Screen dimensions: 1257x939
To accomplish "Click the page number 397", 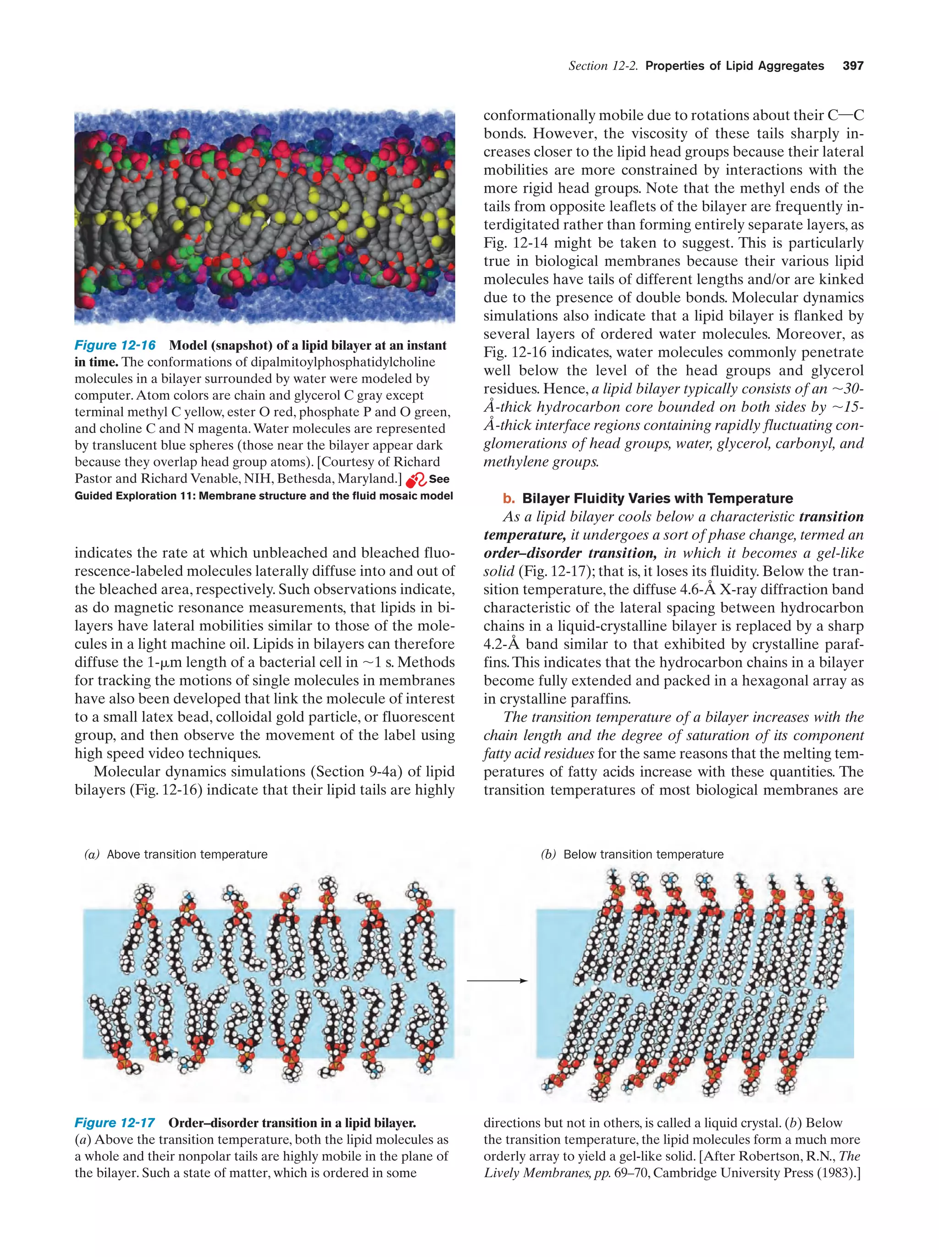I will (x=853, y=66).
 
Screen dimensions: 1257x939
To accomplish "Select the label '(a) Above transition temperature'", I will (x=176, y=854).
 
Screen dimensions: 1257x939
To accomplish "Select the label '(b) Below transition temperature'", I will (x=632, y=854).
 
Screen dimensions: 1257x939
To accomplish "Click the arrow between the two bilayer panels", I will (x=497, y=980).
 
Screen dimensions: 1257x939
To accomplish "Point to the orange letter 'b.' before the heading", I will (x=508, y=498).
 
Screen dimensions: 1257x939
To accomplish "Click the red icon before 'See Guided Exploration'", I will (x=416, y=480).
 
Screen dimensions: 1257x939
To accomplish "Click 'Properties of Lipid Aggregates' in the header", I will (x=735, y=66).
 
